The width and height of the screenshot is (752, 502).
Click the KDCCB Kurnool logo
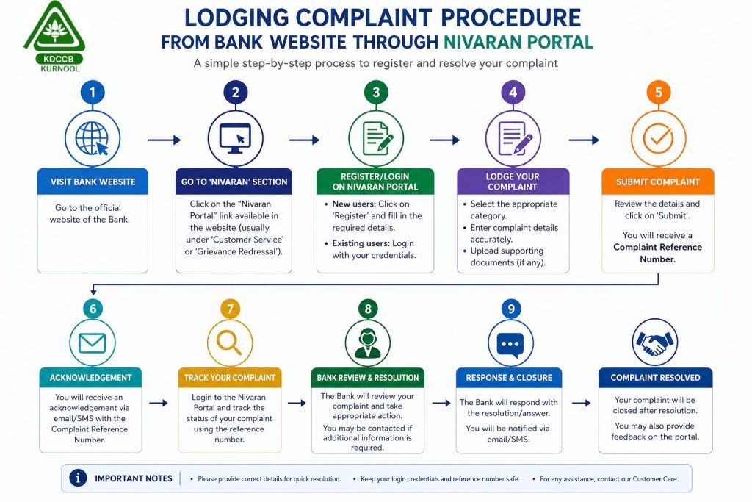(54, 37)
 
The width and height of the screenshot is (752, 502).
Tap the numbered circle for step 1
(93, 92)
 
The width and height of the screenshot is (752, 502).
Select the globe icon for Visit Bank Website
(92, 139)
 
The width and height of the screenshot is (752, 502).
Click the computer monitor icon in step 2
(235, 138)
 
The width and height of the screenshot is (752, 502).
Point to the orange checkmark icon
(658, 137)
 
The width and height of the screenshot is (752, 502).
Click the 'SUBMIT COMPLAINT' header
(658, 182)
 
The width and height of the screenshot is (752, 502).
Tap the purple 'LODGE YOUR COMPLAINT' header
(513, 182)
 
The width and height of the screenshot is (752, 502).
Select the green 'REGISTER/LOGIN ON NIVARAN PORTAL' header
(375, 182)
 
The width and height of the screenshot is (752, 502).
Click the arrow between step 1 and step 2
(164, 140)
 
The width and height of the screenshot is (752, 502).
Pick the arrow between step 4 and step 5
(584, 140)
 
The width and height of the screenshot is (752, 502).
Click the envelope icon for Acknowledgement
(92, 343)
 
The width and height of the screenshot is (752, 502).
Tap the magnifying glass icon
(229, 343)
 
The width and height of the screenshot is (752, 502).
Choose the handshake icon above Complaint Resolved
(654, 343)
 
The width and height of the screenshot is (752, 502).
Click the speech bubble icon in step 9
(510, 345)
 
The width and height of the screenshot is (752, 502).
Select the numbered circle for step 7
(230, 309)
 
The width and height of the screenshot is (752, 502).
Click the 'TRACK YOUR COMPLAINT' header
(230, 378)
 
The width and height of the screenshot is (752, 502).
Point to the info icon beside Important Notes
(78, 478)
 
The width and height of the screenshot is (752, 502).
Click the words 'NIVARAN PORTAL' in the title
(518, 42)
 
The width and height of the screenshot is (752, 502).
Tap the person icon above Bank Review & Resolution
(367, 343)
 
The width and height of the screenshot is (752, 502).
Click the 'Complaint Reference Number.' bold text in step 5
(657, 253)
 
